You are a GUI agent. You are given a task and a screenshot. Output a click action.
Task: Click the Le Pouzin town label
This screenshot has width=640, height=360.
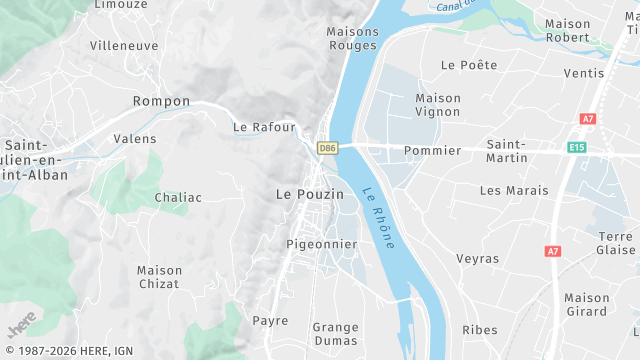point(309,194)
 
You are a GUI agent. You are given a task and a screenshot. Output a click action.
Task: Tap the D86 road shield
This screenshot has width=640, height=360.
point(327,148)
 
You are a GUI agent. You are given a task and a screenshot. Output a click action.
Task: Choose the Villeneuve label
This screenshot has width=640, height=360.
point(123,46)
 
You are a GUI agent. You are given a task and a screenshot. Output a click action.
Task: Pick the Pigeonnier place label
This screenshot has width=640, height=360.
point(321,244)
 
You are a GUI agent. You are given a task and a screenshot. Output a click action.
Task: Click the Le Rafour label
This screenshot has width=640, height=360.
point(264,127)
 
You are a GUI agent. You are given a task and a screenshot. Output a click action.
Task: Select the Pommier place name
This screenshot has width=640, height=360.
point(432,151)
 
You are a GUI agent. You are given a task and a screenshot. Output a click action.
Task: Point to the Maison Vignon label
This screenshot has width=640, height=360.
point(438,105)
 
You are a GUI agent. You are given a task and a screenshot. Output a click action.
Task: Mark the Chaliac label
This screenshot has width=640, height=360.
point(178,198)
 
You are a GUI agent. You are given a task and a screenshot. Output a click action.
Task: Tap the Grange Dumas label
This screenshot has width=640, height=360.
point(335,333)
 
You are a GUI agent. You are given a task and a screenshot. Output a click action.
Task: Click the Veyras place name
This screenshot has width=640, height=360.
point(477,259)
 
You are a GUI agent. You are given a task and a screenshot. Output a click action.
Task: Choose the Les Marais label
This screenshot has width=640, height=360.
point(514,190)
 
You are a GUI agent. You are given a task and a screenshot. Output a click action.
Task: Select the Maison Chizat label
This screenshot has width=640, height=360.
point(160,277)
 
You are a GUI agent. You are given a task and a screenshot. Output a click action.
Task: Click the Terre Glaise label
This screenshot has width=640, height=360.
point(616,243)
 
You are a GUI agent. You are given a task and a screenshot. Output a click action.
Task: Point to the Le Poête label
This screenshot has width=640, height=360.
point(469,65)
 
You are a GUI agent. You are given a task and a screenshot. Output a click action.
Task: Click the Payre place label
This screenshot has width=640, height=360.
point(270,321)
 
